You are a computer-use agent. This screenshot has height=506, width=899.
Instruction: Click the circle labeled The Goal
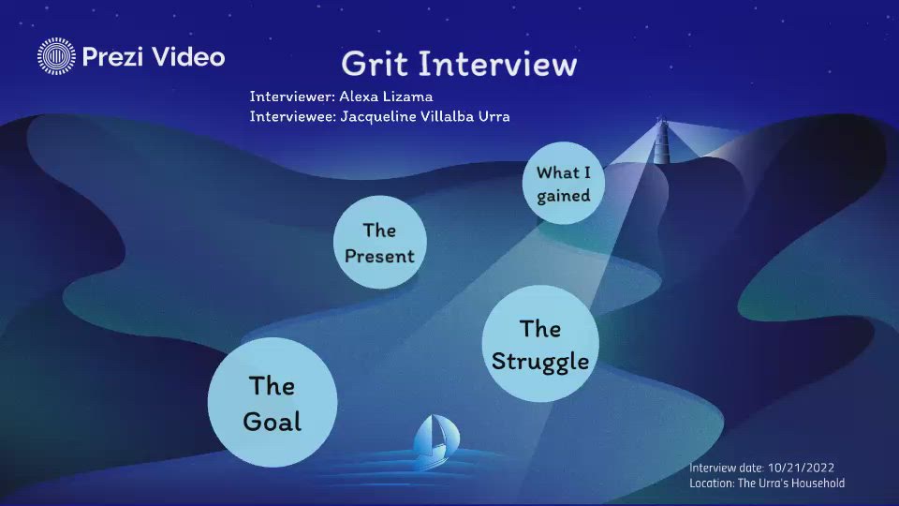point(272,403)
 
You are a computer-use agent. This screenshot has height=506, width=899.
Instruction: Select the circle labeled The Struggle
point(540,344)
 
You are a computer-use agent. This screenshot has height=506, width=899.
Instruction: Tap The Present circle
point(379,243)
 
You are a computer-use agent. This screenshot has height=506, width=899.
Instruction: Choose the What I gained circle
point(563,184)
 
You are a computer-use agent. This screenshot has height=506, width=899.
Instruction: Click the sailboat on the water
point(435,442)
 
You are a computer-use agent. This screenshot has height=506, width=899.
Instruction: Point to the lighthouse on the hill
point(663,141)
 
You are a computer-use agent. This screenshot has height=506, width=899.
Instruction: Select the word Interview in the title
point(497,64)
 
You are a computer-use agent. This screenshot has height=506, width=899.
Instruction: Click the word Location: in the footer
point(712,484)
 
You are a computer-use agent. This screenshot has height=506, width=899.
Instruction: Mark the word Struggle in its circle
point(540,361)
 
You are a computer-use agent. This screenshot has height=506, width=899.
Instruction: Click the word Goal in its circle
point(272,421)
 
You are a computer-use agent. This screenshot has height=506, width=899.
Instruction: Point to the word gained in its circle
point(563,196)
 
